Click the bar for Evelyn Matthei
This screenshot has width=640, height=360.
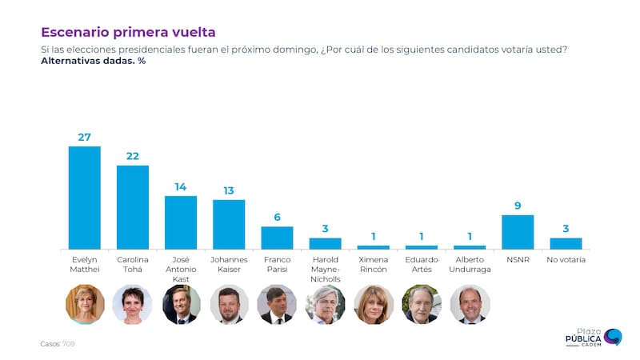click(85, 198)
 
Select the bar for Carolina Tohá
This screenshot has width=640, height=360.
click(133, 207)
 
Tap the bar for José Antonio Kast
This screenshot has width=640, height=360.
click(181, 222)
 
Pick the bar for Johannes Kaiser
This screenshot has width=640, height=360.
click(229, 224)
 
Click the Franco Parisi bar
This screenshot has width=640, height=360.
click(277, 238)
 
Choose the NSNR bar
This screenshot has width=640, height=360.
click(518, 232)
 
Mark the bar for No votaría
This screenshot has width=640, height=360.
click(566, 243)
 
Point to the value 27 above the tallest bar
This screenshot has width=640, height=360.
click(85, 137)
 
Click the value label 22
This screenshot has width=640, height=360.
click(133, 156)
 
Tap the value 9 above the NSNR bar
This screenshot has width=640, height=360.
click(518, 206)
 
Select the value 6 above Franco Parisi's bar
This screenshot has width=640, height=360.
click(277, 217)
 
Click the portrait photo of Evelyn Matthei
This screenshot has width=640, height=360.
click(85, 304)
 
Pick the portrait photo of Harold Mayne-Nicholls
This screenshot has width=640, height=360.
click(325, 304)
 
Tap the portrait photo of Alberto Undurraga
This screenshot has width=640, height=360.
click(470, 304)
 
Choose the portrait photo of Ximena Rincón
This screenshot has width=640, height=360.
click(373, 304)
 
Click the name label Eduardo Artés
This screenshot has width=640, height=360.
click(422, 265)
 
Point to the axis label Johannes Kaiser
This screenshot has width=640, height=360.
click(229, 265)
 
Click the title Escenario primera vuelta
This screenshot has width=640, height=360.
click(128, 32)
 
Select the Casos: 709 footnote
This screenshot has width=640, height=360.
click(58, 344)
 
